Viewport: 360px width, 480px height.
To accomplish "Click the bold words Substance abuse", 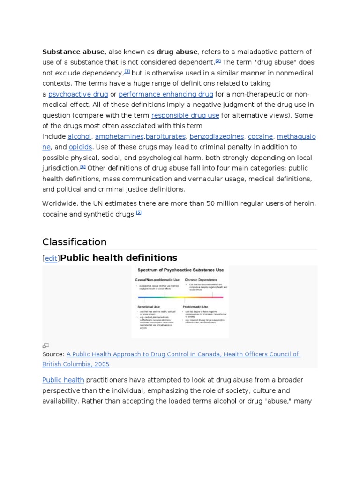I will tap(73, 52).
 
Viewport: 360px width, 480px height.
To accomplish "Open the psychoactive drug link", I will tap(78, 94).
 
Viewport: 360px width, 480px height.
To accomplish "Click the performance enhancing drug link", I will tap(166, 94).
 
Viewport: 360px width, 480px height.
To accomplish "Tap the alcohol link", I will tap(79, 136).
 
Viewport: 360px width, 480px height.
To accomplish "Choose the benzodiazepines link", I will tap(217, 136).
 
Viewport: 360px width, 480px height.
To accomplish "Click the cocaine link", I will tap(260, 136).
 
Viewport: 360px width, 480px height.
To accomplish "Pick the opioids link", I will tap(80, 147).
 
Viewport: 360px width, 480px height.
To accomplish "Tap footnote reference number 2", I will tap(218, 60).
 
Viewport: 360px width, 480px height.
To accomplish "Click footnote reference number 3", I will tap(127, 71).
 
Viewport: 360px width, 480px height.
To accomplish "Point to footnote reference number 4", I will tap(83, 166).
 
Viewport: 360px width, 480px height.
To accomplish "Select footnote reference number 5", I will tap(138, 212).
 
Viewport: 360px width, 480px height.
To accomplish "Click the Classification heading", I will tap(75, 242).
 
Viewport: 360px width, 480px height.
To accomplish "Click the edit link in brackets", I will tap(51, 258).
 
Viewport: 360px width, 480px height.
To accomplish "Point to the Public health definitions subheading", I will tap(119, 257).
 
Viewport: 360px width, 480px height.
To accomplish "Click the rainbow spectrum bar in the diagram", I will tap(180, 297).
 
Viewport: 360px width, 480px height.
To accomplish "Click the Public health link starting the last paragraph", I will tap(63, 380).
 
